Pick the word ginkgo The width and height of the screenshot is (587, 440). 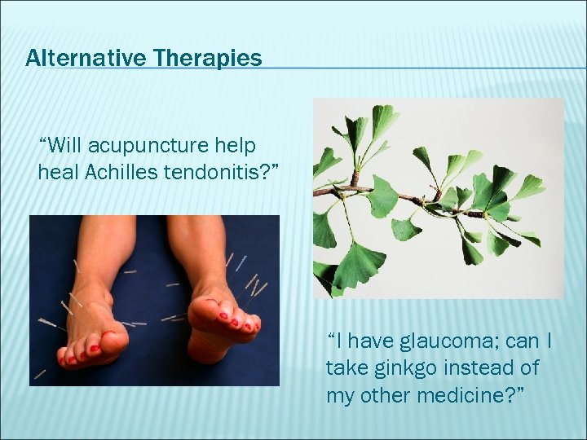coord(404,368)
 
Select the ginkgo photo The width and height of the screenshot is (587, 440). coord(438,198)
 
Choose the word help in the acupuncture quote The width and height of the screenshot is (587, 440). coord(237,147)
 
